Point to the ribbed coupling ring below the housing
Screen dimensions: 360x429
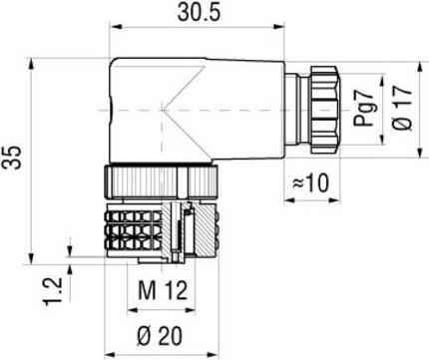[x=160, y=181]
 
